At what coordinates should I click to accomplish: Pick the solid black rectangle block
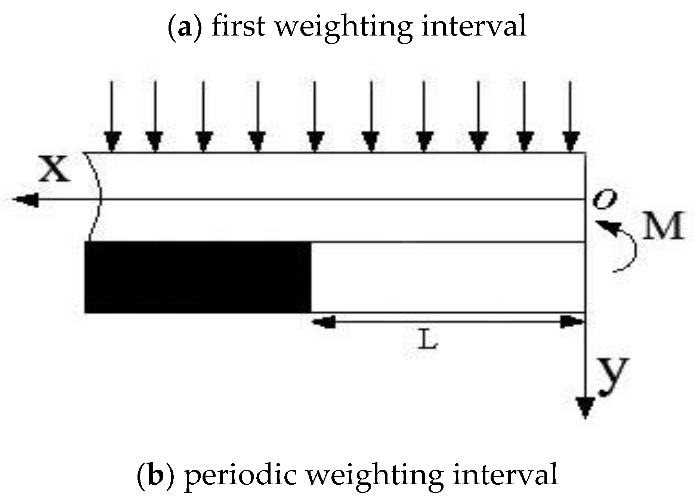[198, 277]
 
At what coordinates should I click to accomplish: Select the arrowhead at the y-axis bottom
[585, 408]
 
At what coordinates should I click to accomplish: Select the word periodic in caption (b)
[241, 474]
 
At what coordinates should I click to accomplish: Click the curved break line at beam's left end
[95, 196]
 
